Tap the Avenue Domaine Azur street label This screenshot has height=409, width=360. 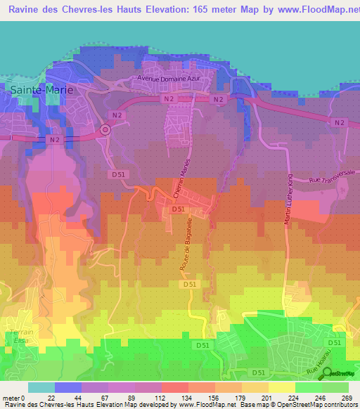[x=170, y=78]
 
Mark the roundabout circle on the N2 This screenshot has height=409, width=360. [x=106, y=129]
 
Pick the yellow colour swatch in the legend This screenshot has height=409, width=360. [x=282, y=387]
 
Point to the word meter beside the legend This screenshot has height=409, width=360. [x=12, y=398]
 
